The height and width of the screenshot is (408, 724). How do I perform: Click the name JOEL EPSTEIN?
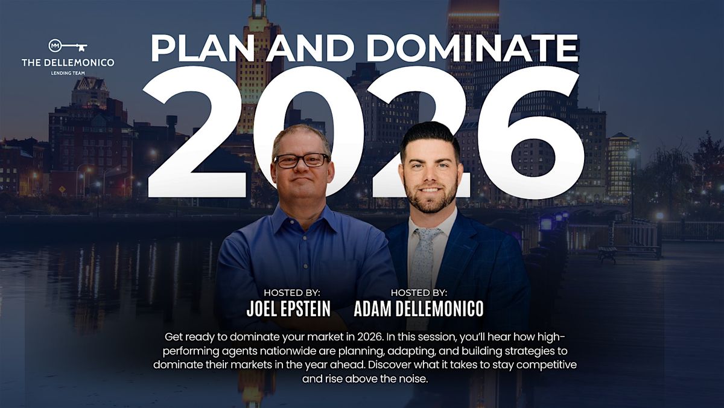point(288,309)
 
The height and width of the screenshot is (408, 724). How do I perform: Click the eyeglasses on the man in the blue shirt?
point(301,160)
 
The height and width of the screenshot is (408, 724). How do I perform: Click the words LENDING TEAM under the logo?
point(68,73)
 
